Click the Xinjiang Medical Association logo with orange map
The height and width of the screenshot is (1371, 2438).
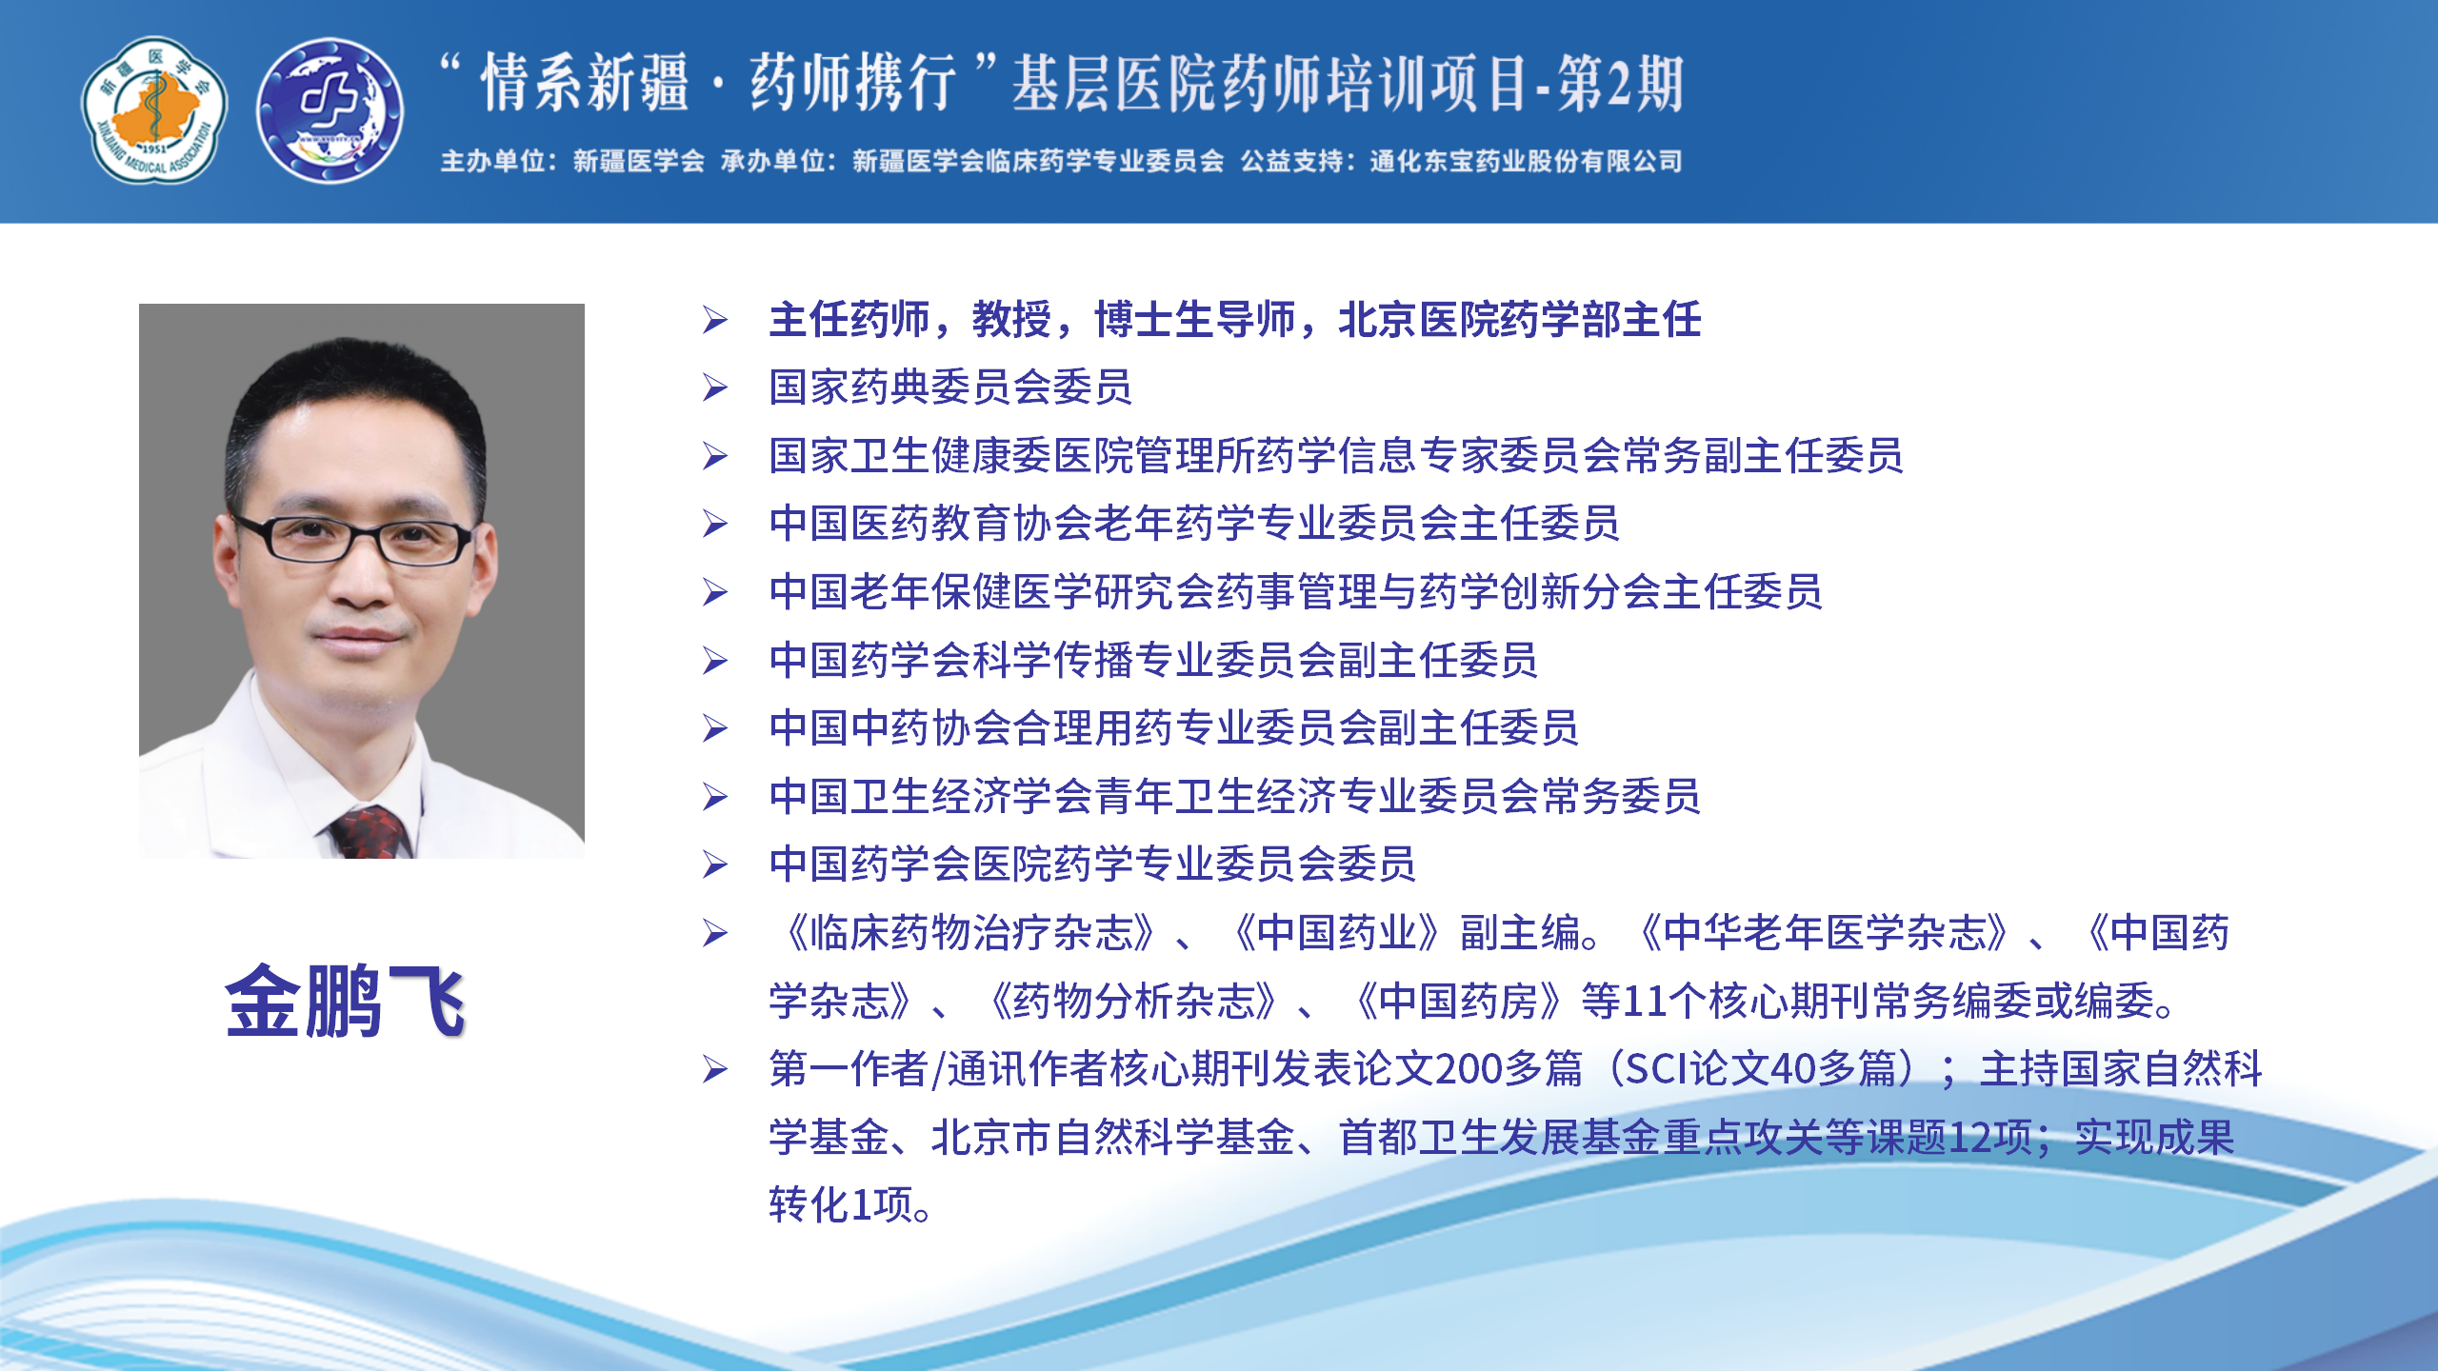coord(154,110)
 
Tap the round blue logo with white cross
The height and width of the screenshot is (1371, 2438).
coord(330,110)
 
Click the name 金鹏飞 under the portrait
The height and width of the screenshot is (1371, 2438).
coord(345,1001)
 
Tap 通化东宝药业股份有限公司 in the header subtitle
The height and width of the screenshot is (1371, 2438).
coord(1526,161)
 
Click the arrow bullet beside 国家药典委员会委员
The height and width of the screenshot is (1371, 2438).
coord(715,387)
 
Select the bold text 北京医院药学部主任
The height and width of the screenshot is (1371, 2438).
coord(1520,320)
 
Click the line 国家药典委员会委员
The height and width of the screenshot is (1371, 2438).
coord(950,387)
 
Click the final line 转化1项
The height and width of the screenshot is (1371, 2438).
coord(849,1204)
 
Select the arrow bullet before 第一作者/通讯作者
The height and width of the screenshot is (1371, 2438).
coord(715,1069)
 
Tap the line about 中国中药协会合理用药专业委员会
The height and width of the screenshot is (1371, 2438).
coord(1173,728)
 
